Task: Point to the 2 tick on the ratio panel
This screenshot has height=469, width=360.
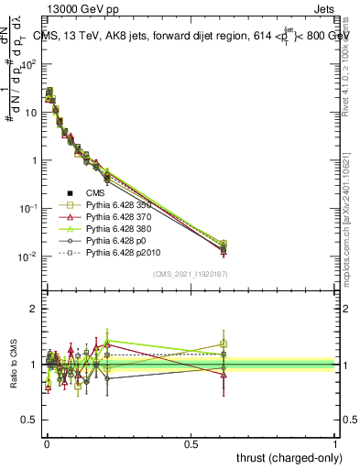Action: click(34, 309)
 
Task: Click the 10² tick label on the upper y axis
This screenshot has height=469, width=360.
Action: click(28, 64)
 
